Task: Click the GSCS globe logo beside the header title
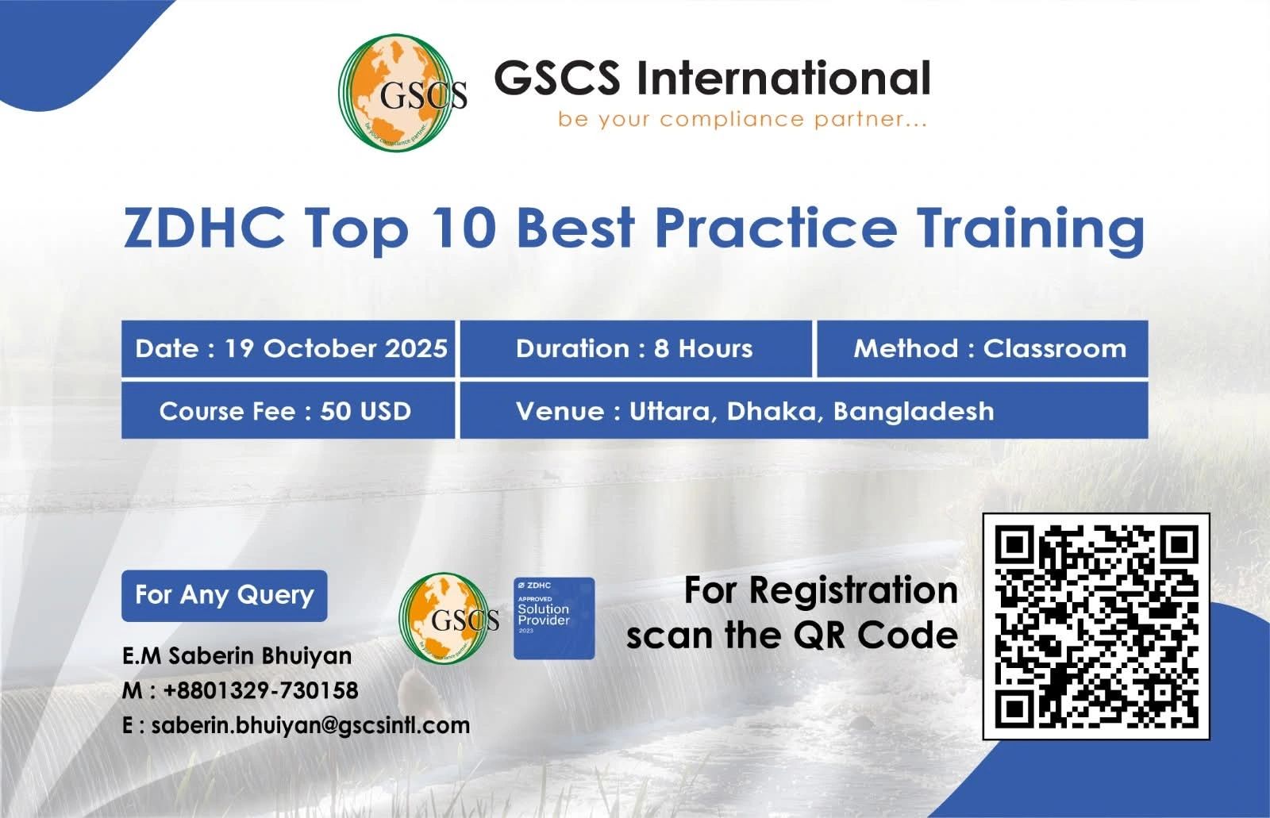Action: [x=402, y=93]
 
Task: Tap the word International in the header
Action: [x=783, y=78]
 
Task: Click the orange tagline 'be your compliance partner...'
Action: [x=743, y=120]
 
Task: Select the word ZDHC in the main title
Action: [x=204, y=228]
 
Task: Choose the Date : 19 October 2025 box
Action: [x=288, y=348]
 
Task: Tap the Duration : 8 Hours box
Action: [x=636, y=348]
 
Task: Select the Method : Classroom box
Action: [x=983, y=348]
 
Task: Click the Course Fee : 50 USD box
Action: [x=288, y=410]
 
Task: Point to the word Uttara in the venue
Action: [x=670, y=412]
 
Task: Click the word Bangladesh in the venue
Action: [x=914, y=411]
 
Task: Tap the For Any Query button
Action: [x=225, y=596]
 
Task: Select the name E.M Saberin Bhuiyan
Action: [x=237, y=656]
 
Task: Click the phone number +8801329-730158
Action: [x=261, y=690]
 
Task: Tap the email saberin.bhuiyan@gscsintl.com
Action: [x=310, y=726]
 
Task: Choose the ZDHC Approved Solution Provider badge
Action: [x=554, y=619]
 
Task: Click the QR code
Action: [x=1096, y=627]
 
